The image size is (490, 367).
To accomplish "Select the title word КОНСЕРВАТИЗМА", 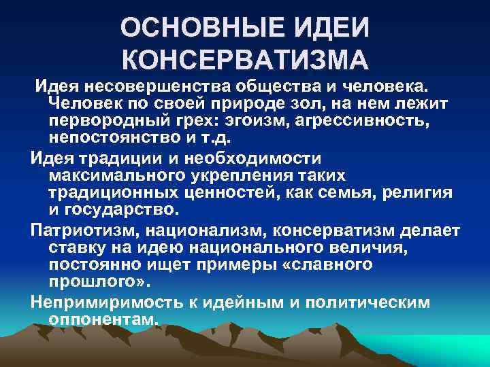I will (x=245, y=60).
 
